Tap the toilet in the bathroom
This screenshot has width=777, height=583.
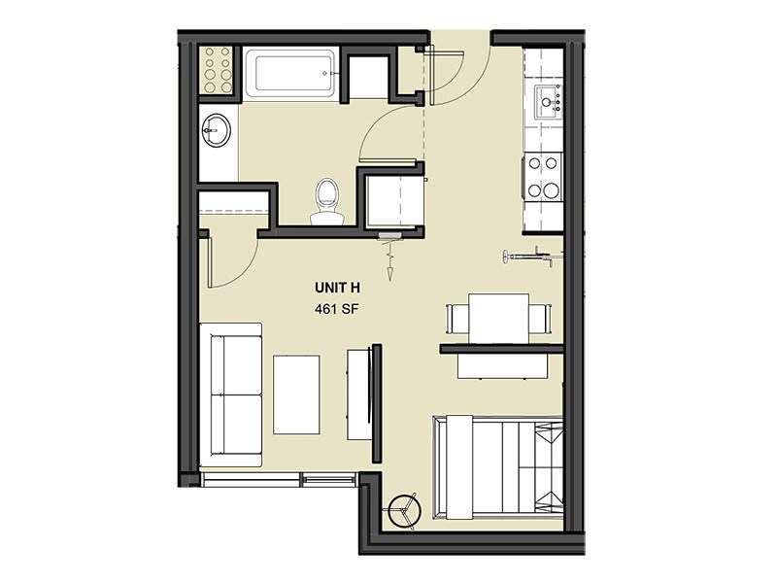pyautogui.click(x=326, y=199)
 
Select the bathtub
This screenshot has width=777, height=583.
pyautogui.click(x=289, y=73)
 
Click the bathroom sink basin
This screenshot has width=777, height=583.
pyautogui.click(x=217, y=129)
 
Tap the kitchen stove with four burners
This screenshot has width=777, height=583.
pyautogui.click(x=543, y=178)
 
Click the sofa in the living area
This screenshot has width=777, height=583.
pyautogui.click(x=230, y=394)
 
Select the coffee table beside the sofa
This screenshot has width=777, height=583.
pyautogui.click(x=296, y=394)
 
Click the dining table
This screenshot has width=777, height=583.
pyautogui.click(x=498, y=318)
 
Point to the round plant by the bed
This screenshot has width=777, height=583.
pyautogui.click(x=401, y=510)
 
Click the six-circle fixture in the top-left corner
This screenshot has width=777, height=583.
pyautogui.click(x=218, y=69)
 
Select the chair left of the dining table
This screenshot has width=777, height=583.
pyautogui.click(x=456, y=319)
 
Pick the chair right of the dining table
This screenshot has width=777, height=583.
pyautogui.click(x=539, y=319)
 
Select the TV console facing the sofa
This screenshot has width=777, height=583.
pyautogui.click(x=361, y=394)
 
